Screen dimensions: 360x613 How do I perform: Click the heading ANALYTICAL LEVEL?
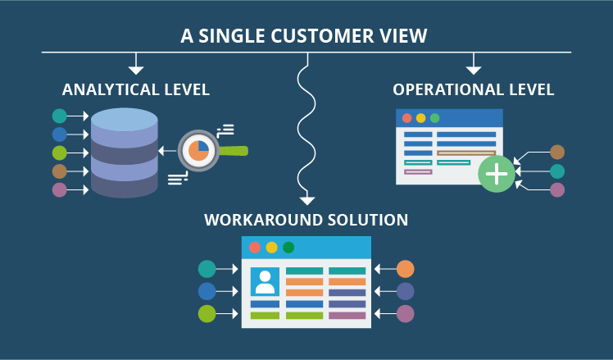pyautogui.click(x=136, y=89)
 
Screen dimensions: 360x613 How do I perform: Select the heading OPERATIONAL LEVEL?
pyautogui.click(x=474, y=89)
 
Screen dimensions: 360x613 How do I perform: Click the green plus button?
pyautogui.click(x=497, y=174)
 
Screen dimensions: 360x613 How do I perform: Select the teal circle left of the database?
pyautogui.click(x=59, y=116)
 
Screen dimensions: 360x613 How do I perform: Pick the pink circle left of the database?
pyautogui.click(x=59, y=189)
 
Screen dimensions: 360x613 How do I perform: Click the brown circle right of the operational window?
pyautogui.click(x=557, y=153)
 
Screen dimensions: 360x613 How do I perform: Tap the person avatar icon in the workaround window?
pyautogui.click(x=265, y=281)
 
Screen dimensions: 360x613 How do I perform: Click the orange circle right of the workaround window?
pyautogui.click(x=405, y=269)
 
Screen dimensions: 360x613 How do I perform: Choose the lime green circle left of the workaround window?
pyautogui.click(x=207, y=313)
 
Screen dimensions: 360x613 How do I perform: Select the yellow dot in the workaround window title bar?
pyautogui.click(x=271, y=248)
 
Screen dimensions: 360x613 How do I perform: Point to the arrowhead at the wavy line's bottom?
pyautogui.click(x=307, y=199)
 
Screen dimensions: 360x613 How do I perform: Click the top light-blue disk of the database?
pyautogui.click(x=125, y=120)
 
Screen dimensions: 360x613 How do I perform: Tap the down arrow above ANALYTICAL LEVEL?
pyautogui.click(x=136, y=69)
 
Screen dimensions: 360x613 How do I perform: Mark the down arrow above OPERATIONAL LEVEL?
pyautogui.click(x=474, y=69)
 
